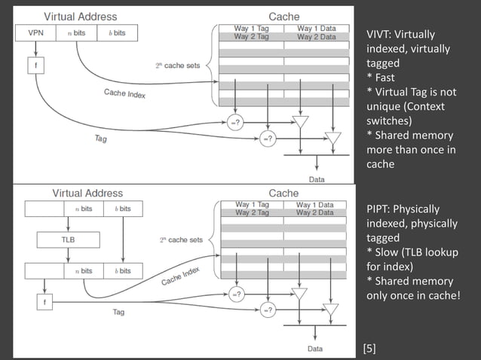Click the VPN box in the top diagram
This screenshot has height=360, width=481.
pos(35,33)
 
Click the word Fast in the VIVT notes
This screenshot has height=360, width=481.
pos(388,78)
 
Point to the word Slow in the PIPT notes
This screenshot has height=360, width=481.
pos(388,252)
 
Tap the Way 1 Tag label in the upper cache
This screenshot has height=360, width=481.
pos(251,28)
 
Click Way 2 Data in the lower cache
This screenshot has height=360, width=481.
pos(315,212)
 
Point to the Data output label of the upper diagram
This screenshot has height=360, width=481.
pos(317,178)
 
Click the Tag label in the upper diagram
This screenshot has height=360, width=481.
pos(100,139)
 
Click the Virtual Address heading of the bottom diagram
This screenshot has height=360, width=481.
pos(87,194)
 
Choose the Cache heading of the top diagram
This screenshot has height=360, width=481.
pos(283,16)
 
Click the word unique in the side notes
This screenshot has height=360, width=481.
pos(384,106)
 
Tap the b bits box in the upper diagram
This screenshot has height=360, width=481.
pos(116,33)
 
